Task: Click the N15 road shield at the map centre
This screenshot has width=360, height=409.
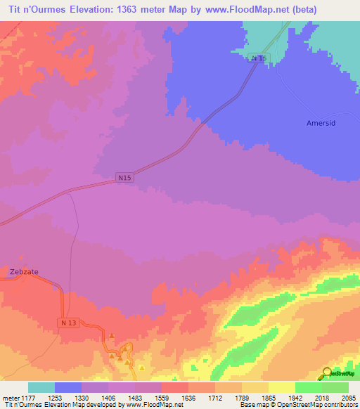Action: pyautogui.click(x=124, y=178)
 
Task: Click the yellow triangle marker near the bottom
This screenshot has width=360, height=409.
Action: pyautogui.click(x=142, y=368)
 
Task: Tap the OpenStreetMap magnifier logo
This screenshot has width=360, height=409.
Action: pyautogui.click(x=327, y=373)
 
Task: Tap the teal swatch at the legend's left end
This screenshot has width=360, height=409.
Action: pyautogui.click(x=41, y=387)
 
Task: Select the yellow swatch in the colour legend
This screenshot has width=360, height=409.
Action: pyautogui.click(x=282, y=387)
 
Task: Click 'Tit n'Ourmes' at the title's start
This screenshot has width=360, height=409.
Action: pyautogui.click(x=34, y=10)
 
